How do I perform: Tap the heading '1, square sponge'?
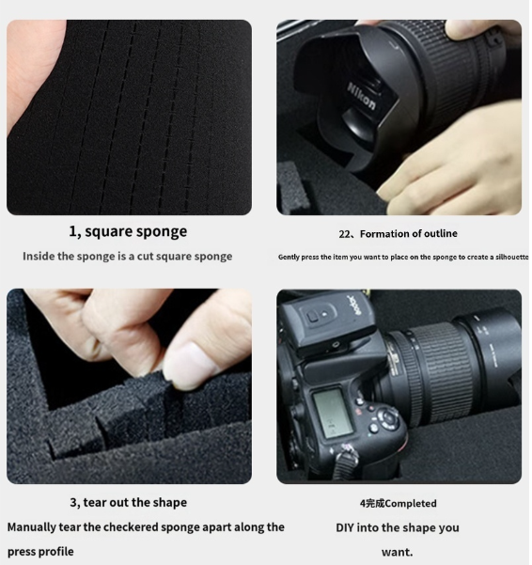[128, 231]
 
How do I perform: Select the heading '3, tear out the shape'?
[128, 502]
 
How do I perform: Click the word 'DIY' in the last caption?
[348, 527]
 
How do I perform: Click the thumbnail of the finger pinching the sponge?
[129, 385]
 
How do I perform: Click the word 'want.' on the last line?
[397, 552]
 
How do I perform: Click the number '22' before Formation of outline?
[344, 233]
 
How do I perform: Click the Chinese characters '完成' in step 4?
[374, 503]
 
